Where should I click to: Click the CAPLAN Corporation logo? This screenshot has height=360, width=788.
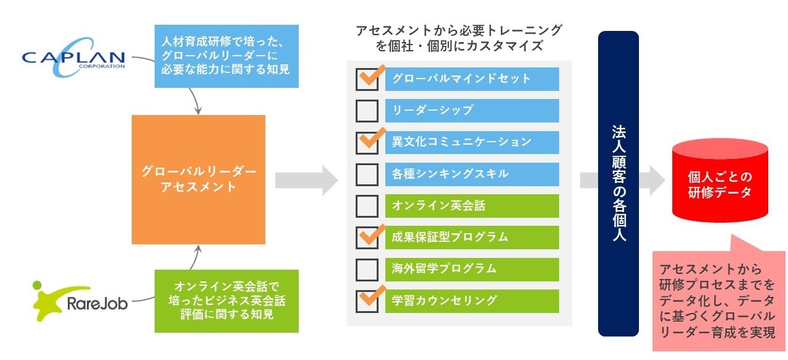tap(73, 59)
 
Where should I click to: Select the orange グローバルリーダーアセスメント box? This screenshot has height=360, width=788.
tap(199, 179)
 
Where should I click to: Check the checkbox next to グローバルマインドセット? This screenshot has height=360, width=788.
tap(367, 79)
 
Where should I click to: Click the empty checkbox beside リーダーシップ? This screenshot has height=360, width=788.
tap(367, 111)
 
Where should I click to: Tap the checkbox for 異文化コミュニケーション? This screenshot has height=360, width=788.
tap(367, 142)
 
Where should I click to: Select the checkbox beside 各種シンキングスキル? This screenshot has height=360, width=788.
tap(367, 174)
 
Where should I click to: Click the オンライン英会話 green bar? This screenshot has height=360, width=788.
tap(472, 205)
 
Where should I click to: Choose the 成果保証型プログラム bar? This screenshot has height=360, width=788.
tap(472, 237)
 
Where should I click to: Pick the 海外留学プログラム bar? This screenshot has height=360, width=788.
tap(472, 269)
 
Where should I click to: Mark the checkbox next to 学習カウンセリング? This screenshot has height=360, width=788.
tap(367, 301)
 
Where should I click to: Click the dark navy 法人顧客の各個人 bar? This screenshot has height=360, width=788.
tap(619, 183)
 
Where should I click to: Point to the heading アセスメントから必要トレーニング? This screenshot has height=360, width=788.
tap(459, 38)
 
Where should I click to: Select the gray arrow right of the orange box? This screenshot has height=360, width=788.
tap(306, 180)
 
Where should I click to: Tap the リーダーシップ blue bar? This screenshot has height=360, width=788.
tap(472, 111)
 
